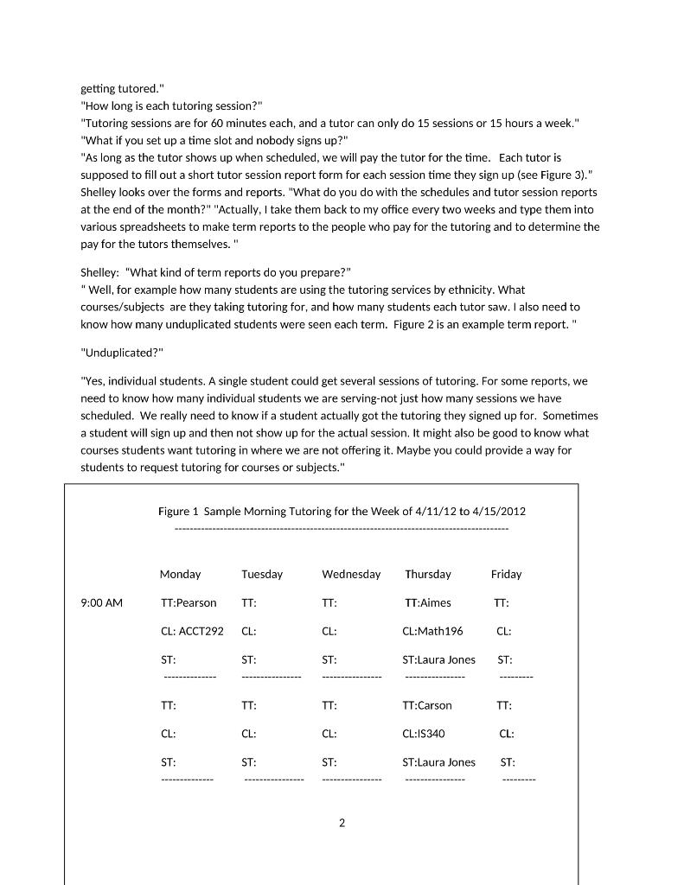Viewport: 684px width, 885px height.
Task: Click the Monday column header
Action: point(180,575)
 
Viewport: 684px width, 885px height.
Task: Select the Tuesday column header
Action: point(262,575)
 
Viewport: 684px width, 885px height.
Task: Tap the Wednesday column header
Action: point(351,575)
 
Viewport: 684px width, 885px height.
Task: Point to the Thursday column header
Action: point(428,575)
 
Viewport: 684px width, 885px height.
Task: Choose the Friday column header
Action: point(506,575)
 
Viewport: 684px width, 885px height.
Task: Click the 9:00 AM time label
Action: point(101,603)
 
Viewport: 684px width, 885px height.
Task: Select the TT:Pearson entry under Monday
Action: point(189,603)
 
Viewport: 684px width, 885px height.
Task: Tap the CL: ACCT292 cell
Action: point(192,632)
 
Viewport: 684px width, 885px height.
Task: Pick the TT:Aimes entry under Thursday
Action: point(428,603)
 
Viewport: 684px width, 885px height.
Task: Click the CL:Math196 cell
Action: point(432,632)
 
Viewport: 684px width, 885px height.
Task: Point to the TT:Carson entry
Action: point(427,706)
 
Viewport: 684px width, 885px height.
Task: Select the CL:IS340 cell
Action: point(424,735)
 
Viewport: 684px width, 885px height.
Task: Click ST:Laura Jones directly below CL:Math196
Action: point(438,660)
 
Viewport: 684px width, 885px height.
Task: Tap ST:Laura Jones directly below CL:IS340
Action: point(438,763)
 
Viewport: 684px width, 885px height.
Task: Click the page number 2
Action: point(342,824)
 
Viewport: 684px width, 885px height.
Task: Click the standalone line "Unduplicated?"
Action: point(122,353)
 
